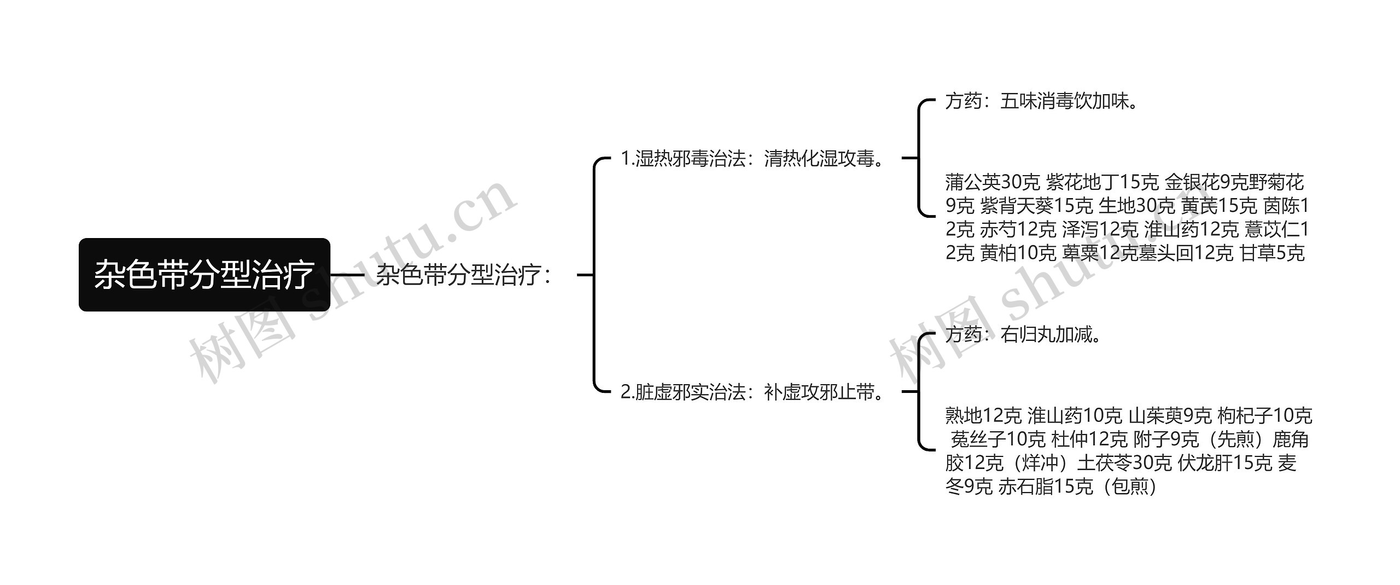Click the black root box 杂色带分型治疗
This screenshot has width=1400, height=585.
204,275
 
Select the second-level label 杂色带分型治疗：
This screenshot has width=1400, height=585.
464,275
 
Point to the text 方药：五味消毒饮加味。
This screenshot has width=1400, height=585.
1042,101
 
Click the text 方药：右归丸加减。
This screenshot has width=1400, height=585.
1023,334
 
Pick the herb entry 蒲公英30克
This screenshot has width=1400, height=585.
992,182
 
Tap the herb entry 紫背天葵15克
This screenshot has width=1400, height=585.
1036,206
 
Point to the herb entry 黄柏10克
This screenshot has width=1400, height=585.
1018,253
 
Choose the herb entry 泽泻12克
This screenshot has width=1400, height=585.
1100,229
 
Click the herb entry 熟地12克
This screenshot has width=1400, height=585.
983,416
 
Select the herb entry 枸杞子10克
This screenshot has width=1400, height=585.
1264,416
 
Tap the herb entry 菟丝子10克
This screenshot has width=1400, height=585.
998,439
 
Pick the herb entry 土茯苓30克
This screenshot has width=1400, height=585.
1124,463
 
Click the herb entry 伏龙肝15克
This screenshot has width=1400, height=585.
1225,463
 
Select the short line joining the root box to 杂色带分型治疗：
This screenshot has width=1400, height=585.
347,275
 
